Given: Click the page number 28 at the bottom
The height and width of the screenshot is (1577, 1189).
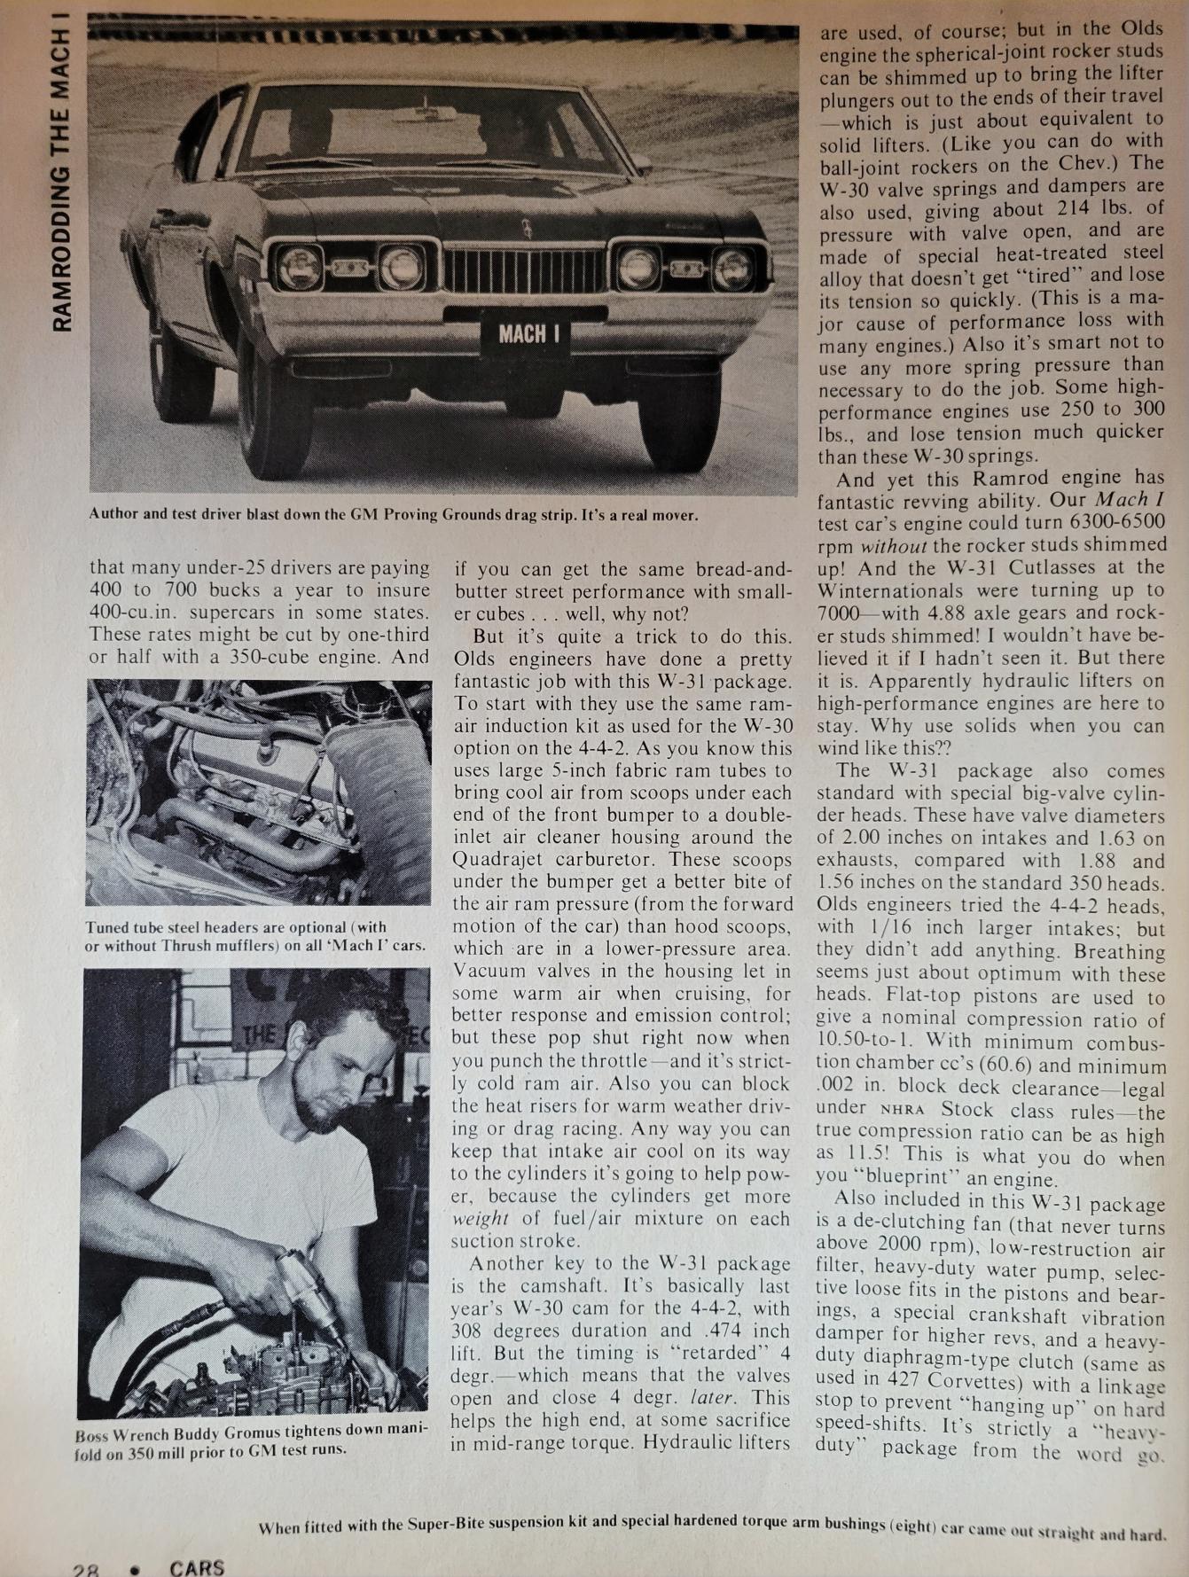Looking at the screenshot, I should tap(85, 1567).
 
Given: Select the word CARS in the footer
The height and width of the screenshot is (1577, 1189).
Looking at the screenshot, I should tap(197, 1566).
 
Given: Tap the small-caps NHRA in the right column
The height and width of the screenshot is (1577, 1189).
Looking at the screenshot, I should tap(903, 1110).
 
